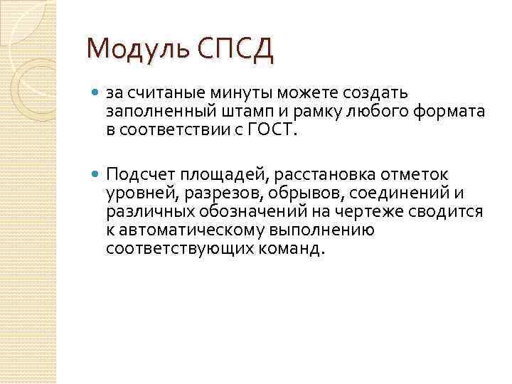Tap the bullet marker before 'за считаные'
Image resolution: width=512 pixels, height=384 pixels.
(97, 93)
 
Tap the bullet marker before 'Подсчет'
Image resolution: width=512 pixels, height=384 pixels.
(97, 175)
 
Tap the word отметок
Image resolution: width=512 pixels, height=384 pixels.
(413, 175)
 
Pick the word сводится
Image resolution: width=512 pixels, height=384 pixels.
(452, 212)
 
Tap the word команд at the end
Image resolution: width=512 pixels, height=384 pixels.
(289, 249)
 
